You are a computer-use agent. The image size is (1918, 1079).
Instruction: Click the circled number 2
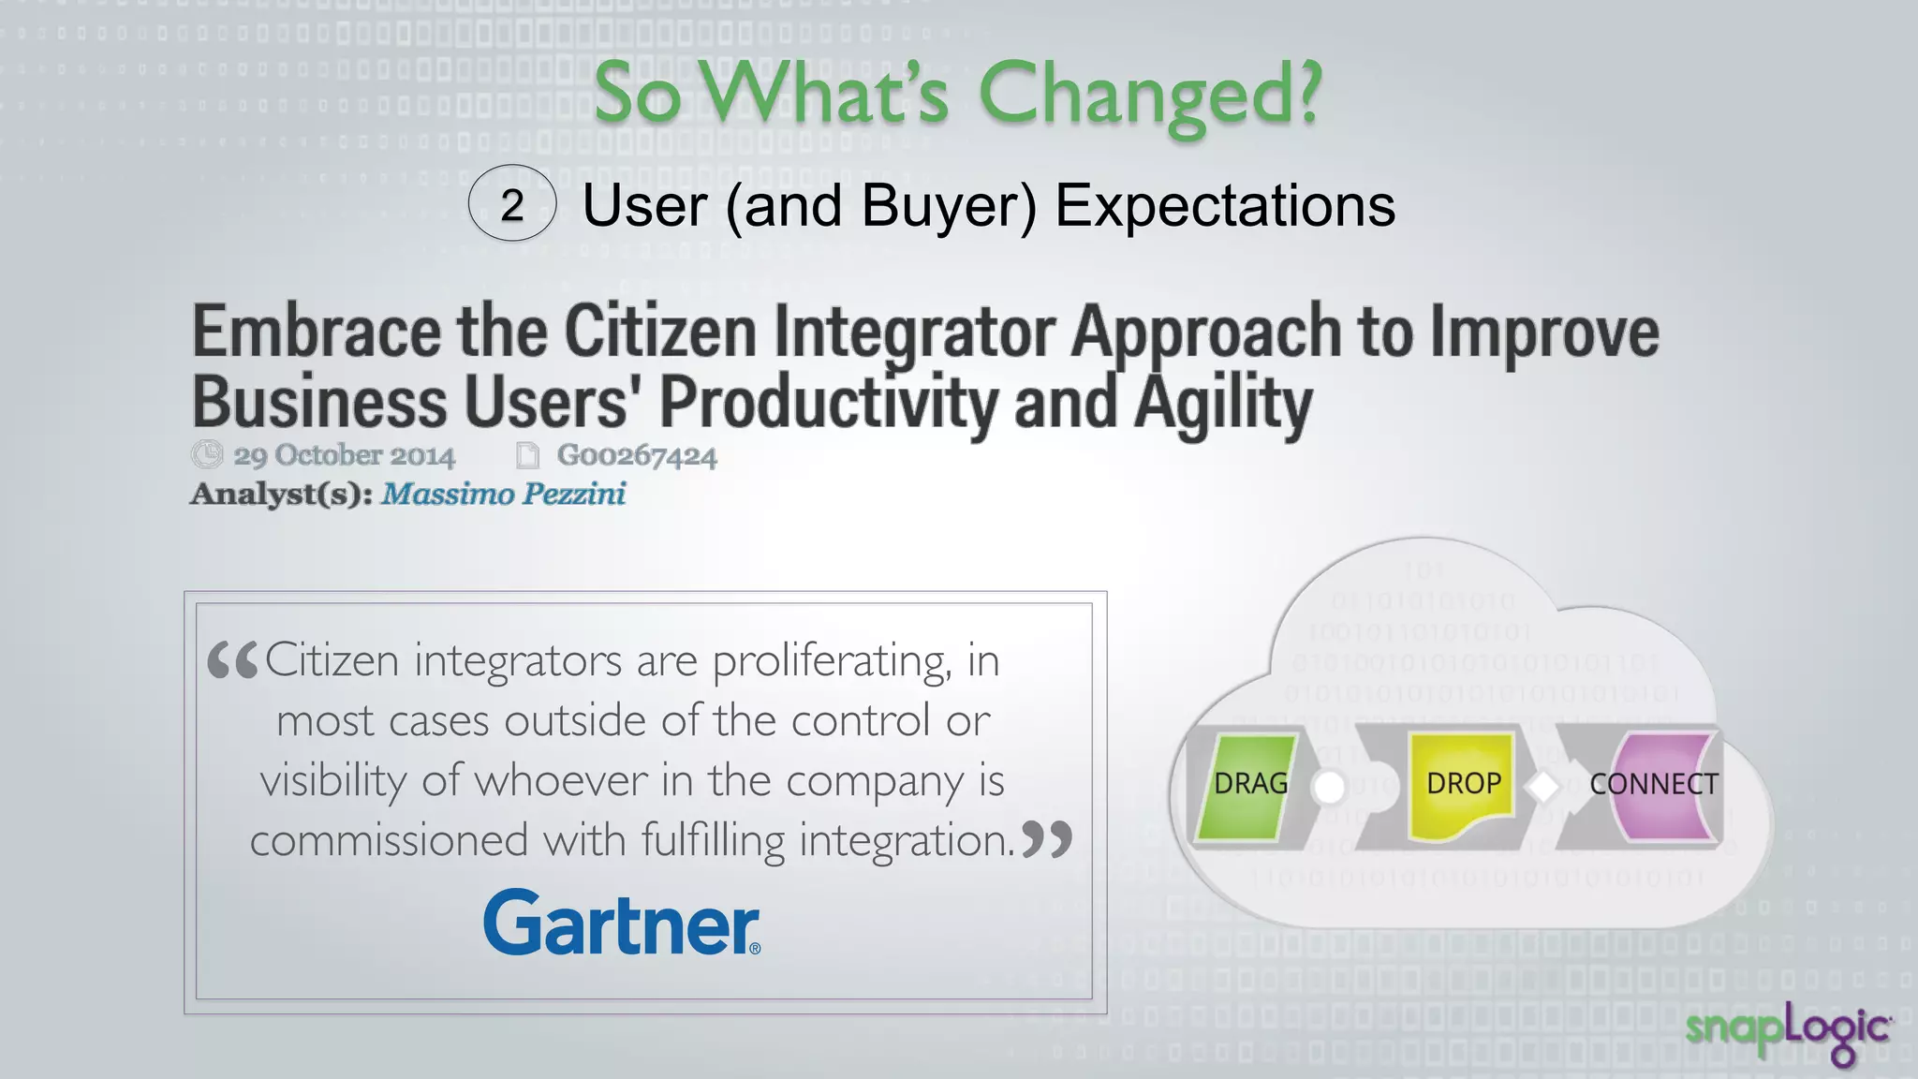point(511,204)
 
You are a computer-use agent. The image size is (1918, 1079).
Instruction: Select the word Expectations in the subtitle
point(1225,205)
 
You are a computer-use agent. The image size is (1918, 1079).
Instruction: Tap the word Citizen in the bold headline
point(660,332)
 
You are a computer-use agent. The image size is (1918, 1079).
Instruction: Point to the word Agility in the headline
point(1223,403)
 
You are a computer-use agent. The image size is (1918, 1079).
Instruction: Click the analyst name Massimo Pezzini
point(503,494)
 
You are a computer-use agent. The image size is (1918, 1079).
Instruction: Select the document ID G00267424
point(637,456)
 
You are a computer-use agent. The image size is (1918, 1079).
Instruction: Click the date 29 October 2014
point(344,456)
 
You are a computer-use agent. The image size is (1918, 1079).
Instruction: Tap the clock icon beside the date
point(207,454)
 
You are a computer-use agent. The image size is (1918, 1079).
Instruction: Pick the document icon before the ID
point(528,455)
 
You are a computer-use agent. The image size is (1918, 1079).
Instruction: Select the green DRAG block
point(1249,785)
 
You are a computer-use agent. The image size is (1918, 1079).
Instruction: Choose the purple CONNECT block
point(1660,785)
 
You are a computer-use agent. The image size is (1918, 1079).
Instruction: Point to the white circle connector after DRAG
point(1328,787)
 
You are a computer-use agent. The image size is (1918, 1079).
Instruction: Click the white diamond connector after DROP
point(1543,787)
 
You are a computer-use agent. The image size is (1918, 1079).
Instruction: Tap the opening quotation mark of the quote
point(231,660)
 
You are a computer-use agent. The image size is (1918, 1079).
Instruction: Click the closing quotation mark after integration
point(1046,839)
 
